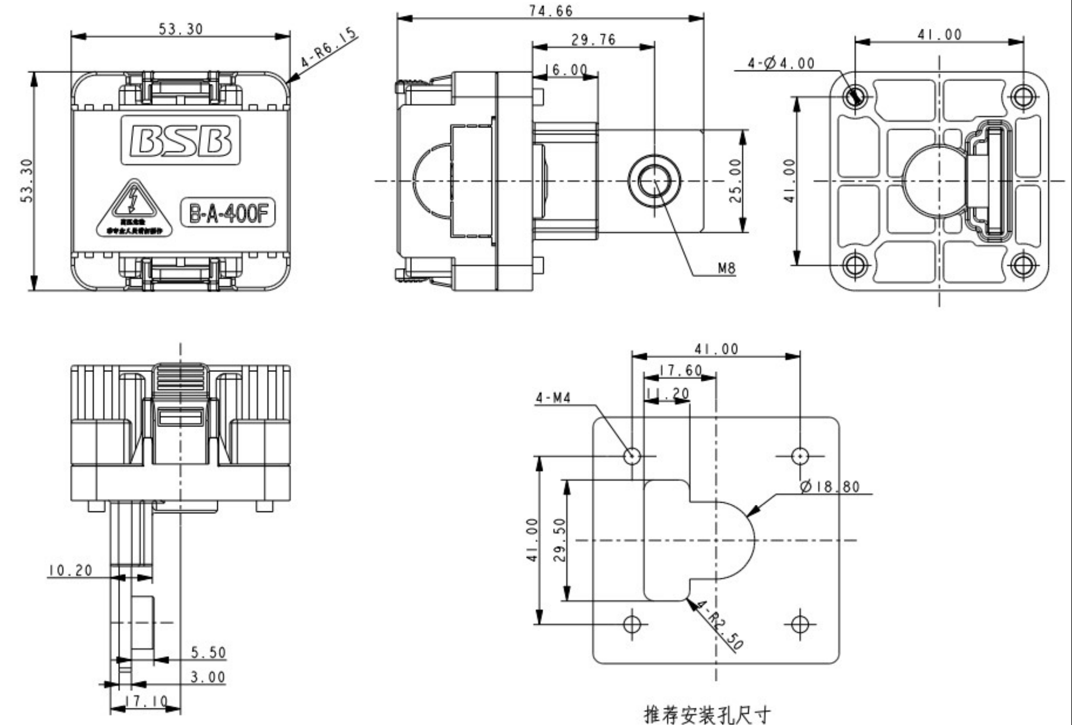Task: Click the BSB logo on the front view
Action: pyautogui.click(x=180, y=140)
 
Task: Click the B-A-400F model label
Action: pyautogui.click(x=228, y=213)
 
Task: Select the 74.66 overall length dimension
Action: pyautogui.click(x=550, y=11)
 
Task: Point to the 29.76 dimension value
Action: pyautogui.click(x=593, y=40)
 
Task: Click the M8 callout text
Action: pyautogui.click(x=726, y=269)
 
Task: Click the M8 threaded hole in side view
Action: pyautogui.click(x=655, y=180)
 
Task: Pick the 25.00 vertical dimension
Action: pyautogui.click(x=736, y=181)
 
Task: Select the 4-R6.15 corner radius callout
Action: pyautogui.click(x=329, y=49)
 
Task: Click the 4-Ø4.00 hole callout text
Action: pyautogui.click(x=781, y=63)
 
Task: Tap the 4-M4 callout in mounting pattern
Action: pyautogui.click(x=553, y=398)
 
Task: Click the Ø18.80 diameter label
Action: pyautogui.click(x=829, y=487)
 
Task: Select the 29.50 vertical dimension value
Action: pyautogui.click(x=559, y=540)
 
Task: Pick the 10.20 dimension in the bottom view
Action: pyautogui.click(x=70, y=570)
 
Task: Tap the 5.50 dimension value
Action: pyautogui.click(x=208, y=652)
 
